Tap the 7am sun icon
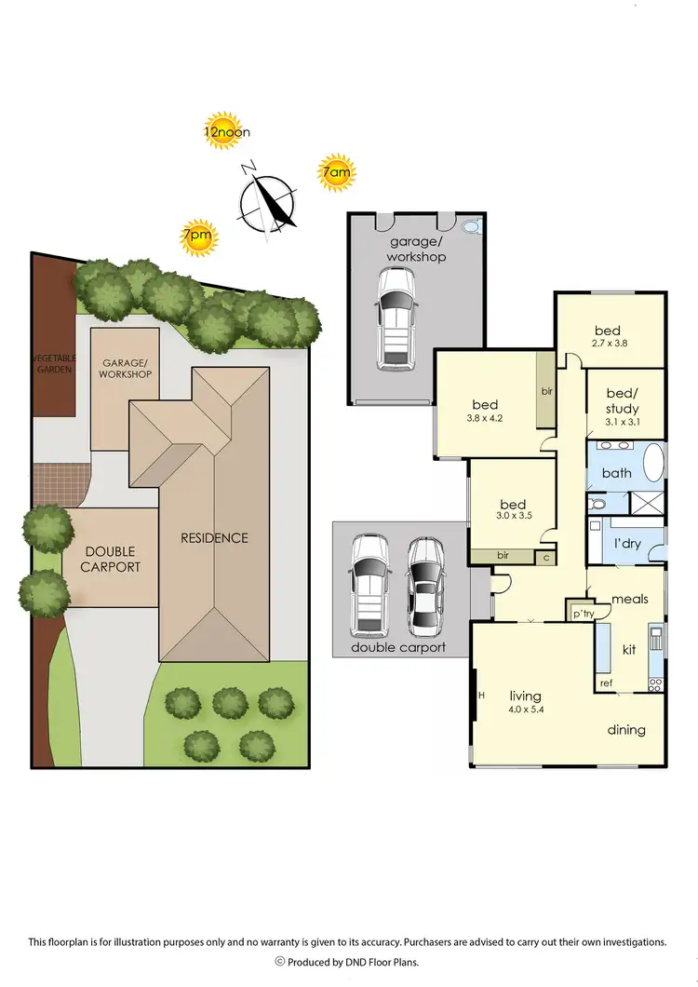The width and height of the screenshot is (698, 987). [336, 172]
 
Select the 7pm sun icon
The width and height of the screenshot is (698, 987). [198, 237]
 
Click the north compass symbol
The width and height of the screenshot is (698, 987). [268, 199]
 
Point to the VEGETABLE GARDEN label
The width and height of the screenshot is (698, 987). [52, 365]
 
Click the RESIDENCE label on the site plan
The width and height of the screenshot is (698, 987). [215, 537]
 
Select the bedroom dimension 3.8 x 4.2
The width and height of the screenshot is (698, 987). [486, 418]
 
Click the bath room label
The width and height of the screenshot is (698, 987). [616, 473]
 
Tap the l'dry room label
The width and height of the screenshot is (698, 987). [627, 544]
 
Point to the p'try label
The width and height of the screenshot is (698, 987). [583, 615]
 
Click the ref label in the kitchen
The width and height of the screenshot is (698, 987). [606, 683]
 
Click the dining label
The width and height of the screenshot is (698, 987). [625, 730]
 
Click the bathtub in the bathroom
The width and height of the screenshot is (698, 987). [654, 464]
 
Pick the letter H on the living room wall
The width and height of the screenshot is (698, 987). [481, 696]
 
